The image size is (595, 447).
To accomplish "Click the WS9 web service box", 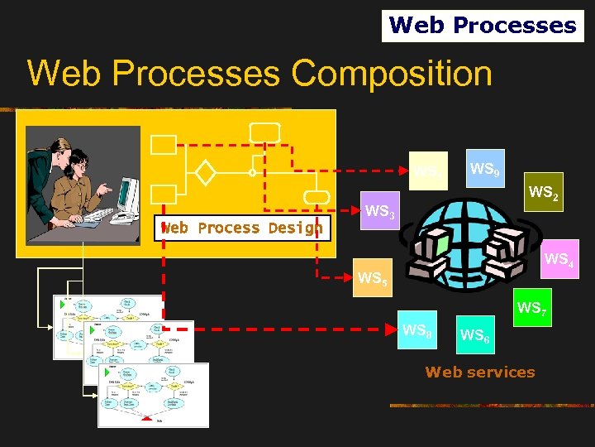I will (483, 171).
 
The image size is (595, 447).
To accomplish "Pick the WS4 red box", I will (557, 261).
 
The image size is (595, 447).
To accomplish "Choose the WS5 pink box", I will (372, 279).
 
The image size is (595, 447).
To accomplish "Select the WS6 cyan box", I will (474, 334).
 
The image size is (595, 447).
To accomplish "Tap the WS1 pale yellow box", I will (428, 171).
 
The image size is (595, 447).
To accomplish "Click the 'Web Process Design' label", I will (242, 228).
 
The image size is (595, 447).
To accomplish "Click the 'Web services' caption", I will (480, 372).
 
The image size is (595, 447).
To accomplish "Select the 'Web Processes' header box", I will (483, 26).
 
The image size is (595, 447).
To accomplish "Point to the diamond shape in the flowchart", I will (205, 173).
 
